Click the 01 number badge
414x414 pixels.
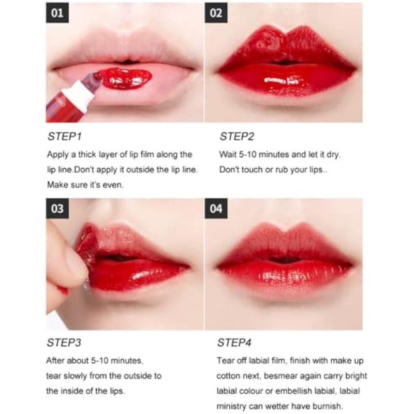point(57,13)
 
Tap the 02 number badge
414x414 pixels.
point(216,13)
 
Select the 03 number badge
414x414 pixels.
point(57,209)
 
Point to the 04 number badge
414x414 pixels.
point(216,209)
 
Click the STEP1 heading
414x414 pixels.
point(64,137)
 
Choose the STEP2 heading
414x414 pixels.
point(237,137)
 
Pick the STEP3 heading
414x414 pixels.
point(64,343)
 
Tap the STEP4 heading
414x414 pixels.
point(234,343)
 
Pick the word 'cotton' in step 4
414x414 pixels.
point(227,376)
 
